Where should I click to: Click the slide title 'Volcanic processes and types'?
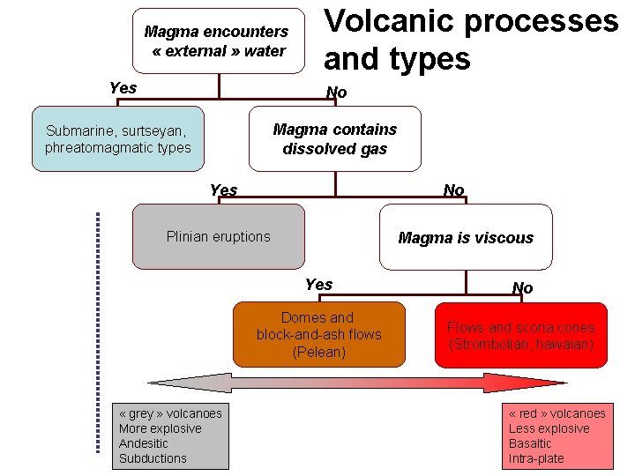click(x=471, y=40)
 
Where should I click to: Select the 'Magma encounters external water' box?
click(x=218, y=41)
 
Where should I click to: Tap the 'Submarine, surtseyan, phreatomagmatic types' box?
click(x=117, y=138)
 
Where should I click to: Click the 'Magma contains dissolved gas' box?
click(x=334, y=138)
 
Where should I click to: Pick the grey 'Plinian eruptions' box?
click(x=218, y=236)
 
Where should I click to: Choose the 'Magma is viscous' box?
click(x=466, y=237)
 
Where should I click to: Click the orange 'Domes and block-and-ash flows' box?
click(x=318, y=335)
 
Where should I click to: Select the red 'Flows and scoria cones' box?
click(x=520, y=335)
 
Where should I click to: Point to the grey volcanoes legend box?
click(x=170, y=436)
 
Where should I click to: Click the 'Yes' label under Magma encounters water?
click(x=123, y=87)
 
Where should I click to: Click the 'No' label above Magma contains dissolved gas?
click(x=336, y=93)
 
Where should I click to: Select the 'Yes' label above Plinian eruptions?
click(x=223, y=190)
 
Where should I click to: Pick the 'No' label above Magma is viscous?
click(x=453, y=190)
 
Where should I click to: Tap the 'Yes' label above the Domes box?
click(x=318, y=284)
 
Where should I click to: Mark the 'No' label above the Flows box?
click(x=522, y=288)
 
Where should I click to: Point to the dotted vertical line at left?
click(x=98, y=332)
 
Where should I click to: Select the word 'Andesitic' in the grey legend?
click(x=143, y=443)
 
